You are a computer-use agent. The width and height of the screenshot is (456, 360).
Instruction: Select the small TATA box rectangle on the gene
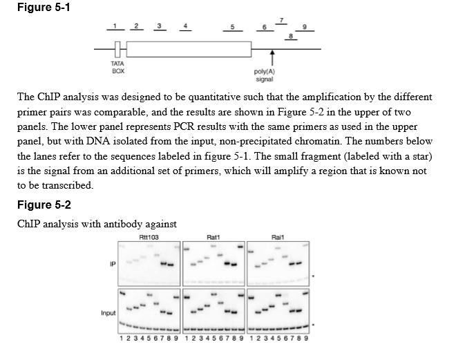(x=118, y=48)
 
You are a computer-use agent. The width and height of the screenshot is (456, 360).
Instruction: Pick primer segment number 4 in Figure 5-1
(x=184, y=30)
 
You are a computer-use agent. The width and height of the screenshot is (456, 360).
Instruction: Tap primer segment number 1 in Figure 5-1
(x=118, y=30)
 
